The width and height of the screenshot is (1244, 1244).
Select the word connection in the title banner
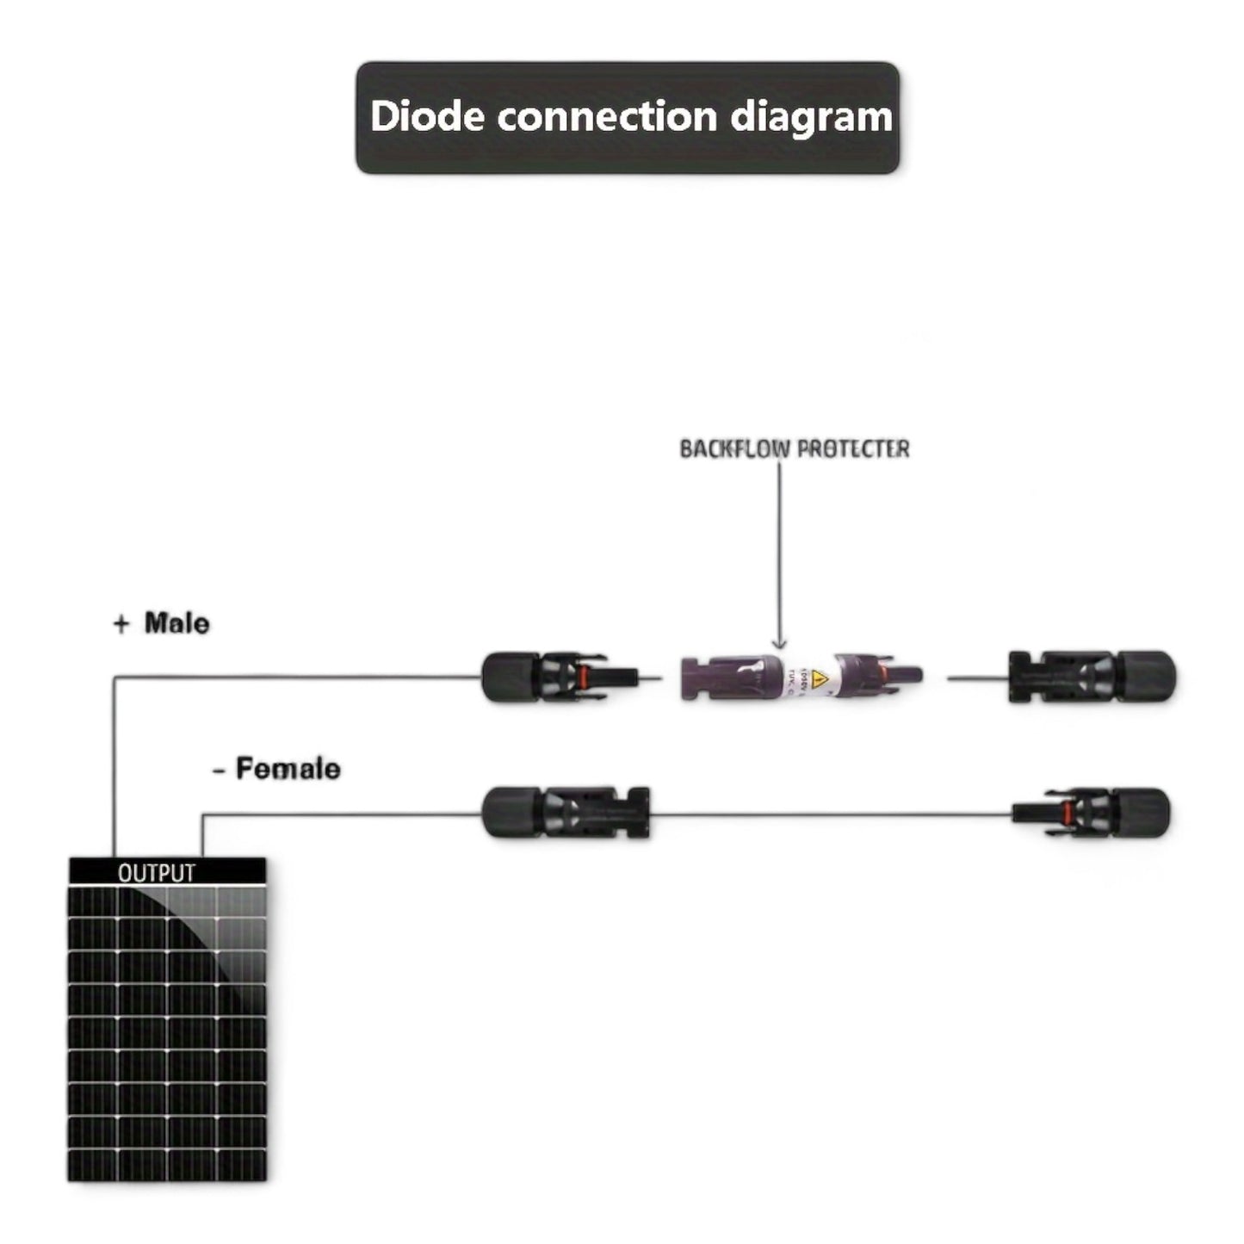pyautogui.click(x=607, y=116)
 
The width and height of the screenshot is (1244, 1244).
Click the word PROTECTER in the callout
pyautogui.click(x=853, y=449)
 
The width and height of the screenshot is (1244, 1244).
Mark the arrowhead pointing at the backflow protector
pyautogui.click(x=779, y=644)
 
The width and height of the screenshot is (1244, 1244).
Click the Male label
pyautogui.click(x=176, y=622)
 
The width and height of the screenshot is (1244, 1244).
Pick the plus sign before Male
pyautogui.click(x=121, y=624)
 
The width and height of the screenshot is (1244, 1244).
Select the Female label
pyautogui.click(x=288, y=768)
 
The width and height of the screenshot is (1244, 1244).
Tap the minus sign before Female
pyautogui.click(x=219, y=769)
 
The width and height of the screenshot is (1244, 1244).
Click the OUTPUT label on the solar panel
pyautogui.click(x=157, y=873)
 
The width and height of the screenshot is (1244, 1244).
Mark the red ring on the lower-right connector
pyautogui.click(x=1065, y=812)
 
